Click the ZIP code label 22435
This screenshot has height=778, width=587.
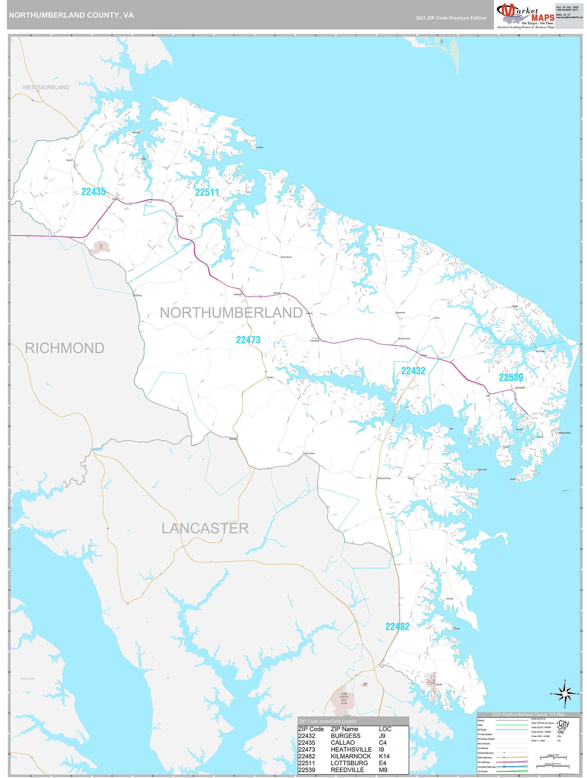pos(93,192)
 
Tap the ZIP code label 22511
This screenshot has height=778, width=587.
pos(207,192)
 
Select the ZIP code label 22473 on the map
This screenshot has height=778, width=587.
pos(248,340)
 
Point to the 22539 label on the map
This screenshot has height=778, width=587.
pos(511,377)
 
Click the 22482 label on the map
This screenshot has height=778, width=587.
pos(397,626)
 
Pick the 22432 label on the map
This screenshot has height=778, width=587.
pos(413,371)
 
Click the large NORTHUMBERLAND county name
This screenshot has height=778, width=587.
pos(231,313)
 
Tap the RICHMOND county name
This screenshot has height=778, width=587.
pos(64,348)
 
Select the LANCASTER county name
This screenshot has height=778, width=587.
pos(205,528)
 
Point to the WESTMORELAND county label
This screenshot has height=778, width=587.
pos(46,87)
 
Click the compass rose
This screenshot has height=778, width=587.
pos(565,694)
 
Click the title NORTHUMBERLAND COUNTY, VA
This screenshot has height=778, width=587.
pos(72,15)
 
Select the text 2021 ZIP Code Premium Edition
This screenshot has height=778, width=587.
pos(451,18)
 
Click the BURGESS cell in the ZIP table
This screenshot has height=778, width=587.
pos(345,736)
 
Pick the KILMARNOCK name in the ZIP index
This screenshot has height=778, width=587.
pos(351,756)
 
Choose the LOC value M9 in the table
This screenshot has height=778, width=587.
pos(383,770)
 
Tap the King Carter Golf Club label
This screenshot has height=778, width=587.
pos(344,698)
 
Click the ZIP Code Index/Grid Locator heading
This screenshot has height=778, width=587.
pos(328,721)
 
